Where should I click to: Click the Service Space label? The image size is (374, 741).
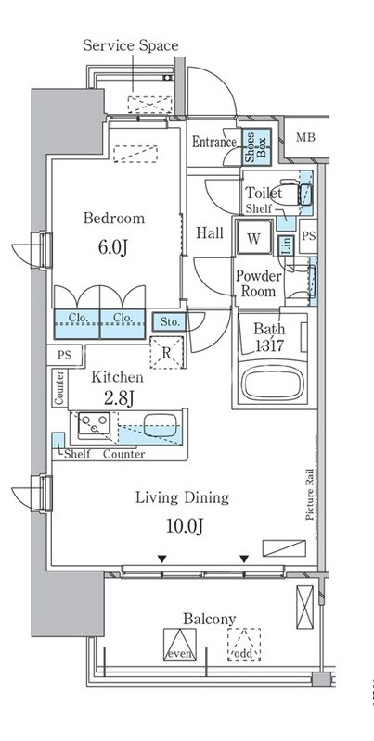[131, 45]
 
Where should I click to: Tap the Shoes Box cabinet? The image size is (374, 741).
[256, 146]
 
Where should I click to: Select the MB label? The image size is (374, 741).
[305, 137]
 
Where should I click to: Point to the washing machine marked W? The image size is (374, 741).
[253, 239]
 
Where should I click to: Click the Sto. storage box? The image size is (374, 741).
[169, 322]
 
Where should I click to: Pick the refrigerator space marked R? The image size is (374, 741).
[166, 353]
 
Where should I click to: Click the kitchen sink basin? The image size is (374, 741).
[161, 425]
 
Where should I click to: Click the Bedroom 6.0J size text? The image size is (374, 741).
[113, 247]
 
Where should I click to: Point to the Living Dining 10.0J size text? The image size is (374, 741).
[184, 526]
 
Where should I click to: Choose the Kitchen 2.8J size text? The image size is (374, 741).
[119, 398]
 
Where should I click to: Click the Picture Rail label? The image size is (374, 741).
[310, 494]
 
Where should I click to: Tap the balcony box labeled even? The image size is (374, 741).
[180, 645]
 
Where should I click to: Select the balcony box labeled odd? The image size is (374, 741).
[244, 645]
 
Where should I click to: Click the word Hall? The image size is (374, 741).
[210, 233]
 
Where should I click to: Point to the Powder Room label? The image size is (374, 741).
[259, 283]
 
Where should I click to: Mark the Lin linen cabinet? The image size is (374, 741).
[287, 245]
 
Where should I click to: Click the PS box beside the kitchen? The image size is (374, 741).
[64, 356]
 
